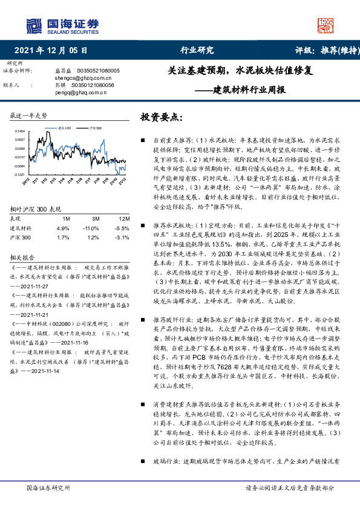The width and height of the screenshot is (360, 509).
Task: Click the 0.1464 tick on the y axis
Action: click(x=19, y=131)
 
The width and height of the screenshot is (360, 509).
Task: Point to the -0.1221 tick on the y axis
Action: click(x=19, y=174)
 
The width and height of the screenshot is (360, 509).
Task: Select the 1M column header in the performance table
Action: click(x=67, y=218)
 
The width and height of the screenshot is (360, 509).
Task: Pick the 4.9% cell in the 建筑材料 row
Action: click(x=63, y=229)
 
